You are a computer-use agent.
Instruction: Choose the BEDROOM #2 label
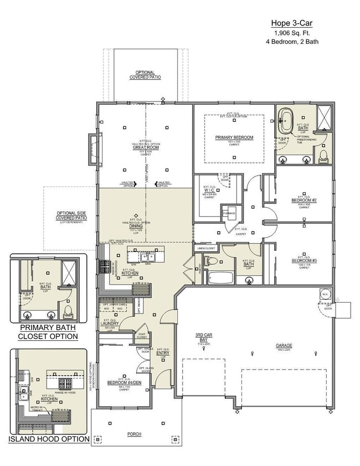[x=303, y=200]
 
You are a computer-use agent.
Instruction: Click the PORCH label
[x=134, y=434]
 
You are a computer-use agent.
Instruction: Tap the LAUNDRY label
[x=110, y=323]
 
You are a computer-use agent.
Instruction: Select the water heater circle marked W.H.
[x=325, y=294]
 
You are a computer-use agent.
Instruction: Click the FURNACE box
[x=229, y=213]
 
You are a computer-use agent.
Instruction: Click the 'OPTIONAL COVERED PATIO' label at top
[x=145, y=75]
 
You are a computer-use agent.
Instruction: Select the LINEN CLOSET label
[x=206, y=248]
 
